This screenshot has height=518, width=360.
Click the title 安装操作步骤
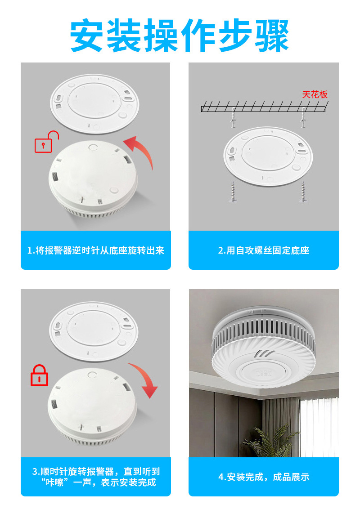click(x=180, y=36)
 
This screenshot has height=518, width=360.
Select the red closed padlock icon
click(x=39, y=375)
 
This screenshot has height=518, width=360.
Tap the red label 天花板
click(x=315, y=95)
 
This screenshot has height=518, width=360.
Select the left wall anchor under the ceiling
click(x=234, y=118)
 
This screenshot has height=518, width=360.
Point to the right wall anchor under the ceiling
click(x=303, y=118)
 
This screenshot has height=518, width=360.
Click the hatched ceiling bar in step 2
click(x=263, y=107)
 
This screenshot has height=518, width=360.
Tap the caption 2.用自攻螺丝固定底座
click(x=263, y=250)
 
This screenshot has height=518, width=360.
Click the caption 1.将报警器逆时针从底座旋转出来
click(x=95, y=250)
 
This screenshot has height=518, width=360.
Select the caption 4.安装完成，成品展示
click(x=264, y=477)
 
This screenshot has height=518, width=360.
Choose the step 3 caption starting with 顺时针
click(x=95, y=477)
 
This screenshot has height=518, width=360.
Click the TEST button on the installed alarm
click(x=264, y=373)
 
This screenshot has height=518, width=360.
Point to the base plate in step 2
click(x=268, y=156)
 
